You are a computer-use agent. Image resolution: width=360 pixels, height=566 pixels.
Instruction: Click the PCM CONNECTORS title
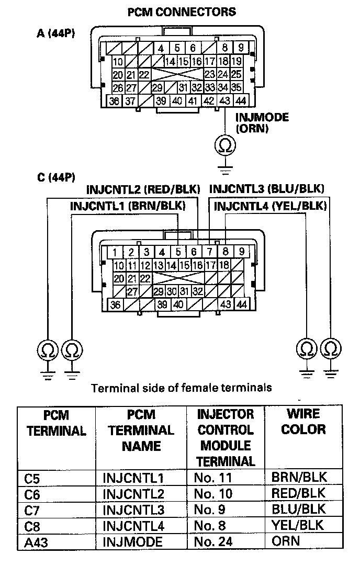point(182,11)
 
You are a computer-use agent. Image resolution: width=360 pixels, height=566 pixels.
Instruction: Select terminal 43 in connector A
point(225,101)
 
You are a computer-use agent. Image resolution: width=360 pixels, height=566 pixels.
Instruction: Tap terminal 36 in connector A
point(115,101)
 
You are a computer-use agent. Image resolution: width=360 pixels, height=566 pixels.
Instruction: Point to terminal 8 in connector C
point(226,252)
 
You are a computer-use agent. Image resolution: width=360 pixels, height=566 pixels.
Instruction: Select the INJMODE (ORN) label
point(262,123)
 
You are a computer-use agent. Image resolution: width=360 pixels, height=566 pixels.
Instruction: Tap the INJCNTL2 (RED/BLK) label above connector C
point(143,189)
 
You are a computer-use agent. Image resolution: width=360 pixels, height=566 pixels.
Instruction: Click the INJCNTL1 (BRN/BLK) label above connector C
point(128,206)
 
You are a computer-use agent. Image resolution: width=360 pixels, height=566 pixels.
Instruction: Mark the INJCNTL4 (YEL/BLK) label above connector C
point(270,206)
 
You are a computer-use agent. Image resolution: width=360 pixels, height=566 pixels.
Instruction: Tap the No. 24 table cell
point(213,541)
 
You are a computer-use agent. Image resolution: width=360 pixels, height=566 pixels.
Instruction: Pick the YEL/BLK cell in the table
point(297,525)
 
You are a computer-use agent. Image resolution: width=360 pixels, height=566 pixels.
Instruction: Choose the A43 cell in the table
point(35,541)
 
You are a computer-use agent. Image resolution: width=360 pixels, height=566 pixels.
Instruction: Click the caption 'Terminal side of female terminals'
point(181,388)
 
